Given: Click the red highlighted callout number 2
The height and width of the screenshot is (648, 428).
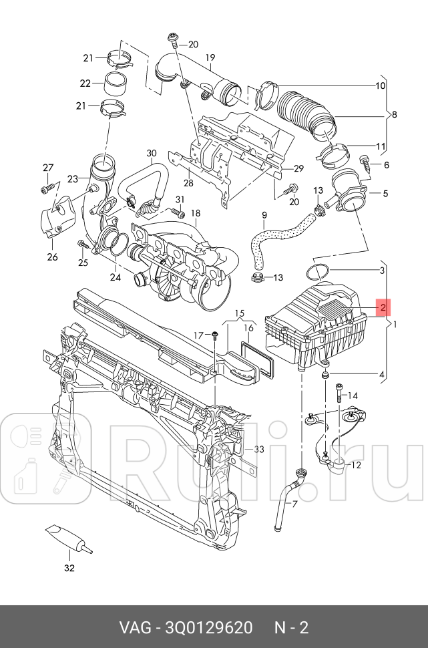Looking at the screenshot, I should (383, 307).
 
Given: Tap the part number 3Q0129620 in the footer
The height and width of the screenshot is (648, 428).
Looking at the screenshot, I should (205, 628).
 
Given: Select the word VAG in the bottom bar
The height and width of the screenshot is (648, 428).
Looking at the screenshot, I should (134, 628).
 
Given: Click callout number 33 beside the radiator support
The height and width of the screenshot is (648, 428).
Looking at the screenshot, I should (259, 450).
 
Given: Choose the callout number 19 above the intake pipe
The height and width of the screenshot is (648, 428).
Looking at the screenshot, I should (210, 57).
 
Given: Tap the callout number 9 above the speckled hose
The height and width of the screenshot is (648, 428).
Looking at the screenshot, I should (264, 215).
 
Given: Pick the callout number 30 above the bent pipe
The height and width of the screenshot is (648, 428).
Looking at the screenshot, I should (151, 153).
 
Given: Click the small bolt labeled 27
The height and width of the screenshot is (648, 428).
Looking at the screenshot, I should (46, 189).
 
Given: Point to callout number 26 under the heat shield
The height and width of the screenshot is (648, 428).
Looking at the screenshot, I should (53, 257).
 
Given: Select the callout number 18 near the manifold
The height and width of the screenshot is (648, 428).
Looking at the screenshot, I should (195, 213).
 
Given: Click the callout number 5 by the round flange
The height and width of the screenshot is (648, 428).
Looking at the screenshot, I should (384, 194).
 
